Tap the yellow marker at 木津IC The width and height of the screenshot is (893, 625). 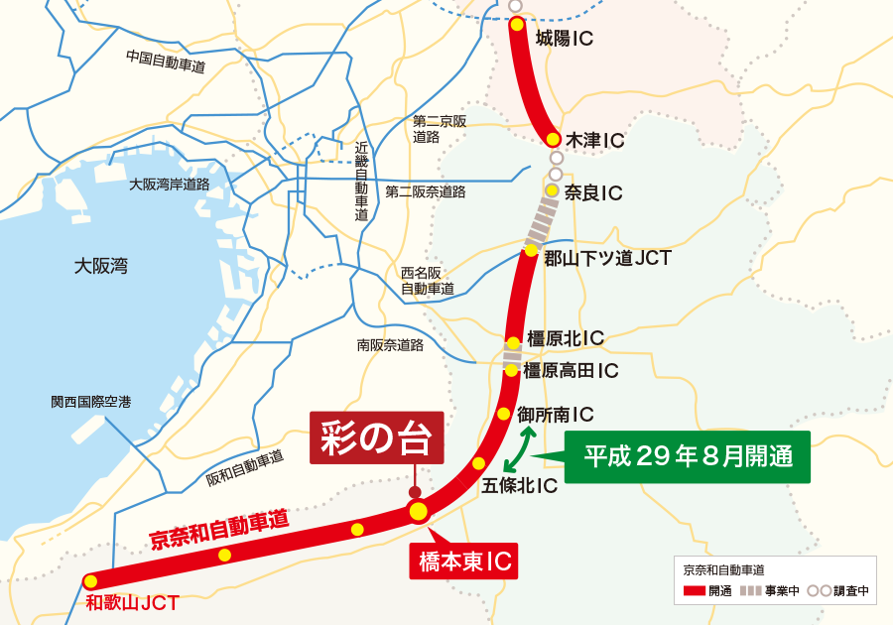553,139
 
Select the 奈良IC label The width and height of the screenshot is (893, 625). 592,192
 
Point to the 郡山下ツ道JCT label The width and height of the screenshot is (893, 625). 607,259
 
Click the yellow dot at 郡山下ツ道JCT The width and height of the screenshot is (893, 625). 531,250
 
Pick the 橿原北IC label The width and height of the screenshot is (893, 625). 565,338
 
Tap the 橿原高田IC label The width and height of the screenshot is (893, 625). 572,371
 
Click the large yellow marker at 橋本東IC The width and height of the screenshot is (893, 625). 418,511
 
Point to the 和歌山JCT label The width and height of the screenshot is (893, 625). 132,602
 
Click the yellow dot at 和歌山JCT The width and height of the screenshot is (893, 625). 90,581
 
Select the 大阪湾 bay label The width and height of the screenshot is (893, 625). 101,266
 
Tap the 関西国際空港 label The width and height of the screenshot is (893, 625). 90,403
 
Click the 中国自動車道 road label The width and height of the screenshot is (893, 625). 166,62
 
